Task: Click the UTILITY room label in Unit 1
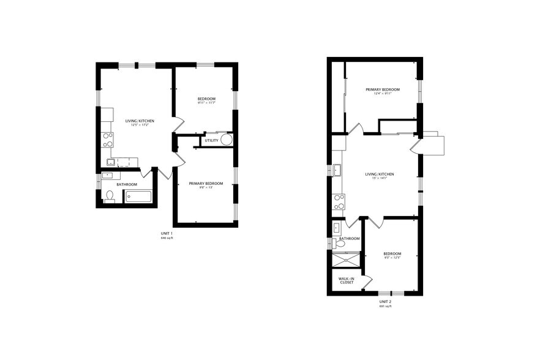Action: pos(212,140)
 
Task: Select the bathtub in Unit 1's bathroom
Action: pos(138,197)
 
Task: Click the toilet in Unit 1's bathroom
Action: pos(110,196)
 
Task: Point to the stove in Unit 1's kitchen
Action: pos(108,140)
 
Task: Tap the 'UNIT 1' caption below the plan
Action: pos(167,234)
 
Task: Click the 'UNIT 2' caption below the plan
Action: pos(385,302)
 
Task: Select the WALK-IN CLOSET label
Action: pos(347,280)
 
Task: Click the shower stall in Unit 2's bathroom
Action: pos(347,259)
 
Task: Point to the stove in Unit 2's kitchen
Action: pos(339,201)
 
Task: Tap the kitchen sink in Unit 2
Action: pos(337,170)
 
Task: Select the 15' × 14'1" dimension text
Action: pos(379,179)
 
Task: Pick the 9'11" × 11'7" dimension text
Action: pos(206,103)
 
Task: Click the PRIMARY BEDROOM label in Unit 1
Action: pos(206,184)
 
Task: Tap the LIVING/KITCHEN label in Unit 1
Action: pos(140,121)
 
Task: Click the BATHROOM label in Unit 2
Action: pos(350,238)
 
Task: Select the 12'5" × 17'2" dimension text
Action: pos(140,125)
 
